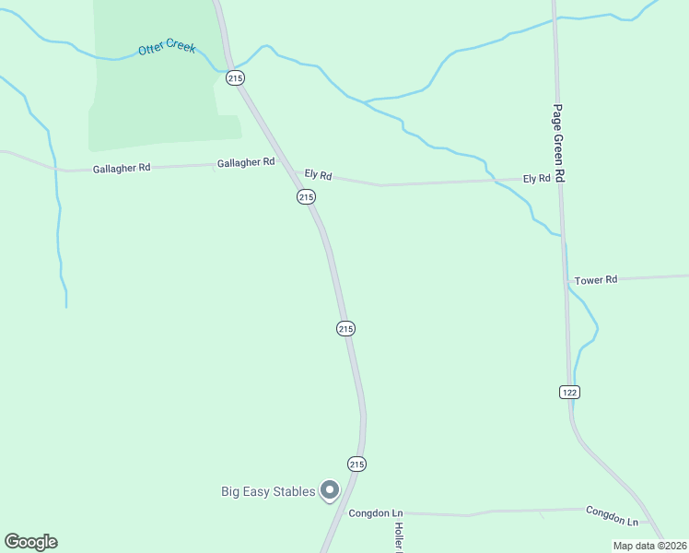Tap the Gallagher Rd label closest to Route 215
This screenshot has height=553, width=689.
tap(246, 162)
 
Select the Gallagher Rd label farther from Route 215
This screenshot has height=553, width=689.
tap(122, 170)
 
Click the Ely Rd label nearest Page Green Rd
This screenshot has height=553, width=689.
tap(536, 178)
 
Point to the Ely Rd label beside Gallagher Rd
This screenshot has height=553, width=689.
tap(318, 174)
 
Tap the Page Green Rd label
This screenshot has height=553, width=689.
tap(558, 143)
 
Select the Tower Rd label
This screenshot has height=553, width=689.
tap(595, 279)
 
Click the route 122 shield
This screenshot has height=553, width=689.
tap(569, 393)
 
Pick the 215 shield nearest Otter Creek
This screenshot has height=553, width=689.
tap(235, 78)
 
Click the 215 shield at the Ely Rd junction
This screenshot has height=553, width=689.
tap(307, 197)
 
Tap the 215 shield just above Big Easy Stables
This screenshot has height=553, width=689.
tap(356, 463)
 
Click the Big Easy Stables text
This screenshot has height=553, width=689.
tap(268, 491)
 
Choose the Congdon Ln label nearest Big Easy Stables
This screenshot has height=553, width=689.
tap(376, 512)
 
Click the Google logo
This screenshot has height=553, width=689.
tap(30, 542)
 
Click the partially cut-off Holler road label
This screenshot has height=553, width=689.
tap(400, 535)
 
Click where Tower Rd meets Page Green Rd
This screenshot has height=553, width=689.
tap(566, 280)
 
